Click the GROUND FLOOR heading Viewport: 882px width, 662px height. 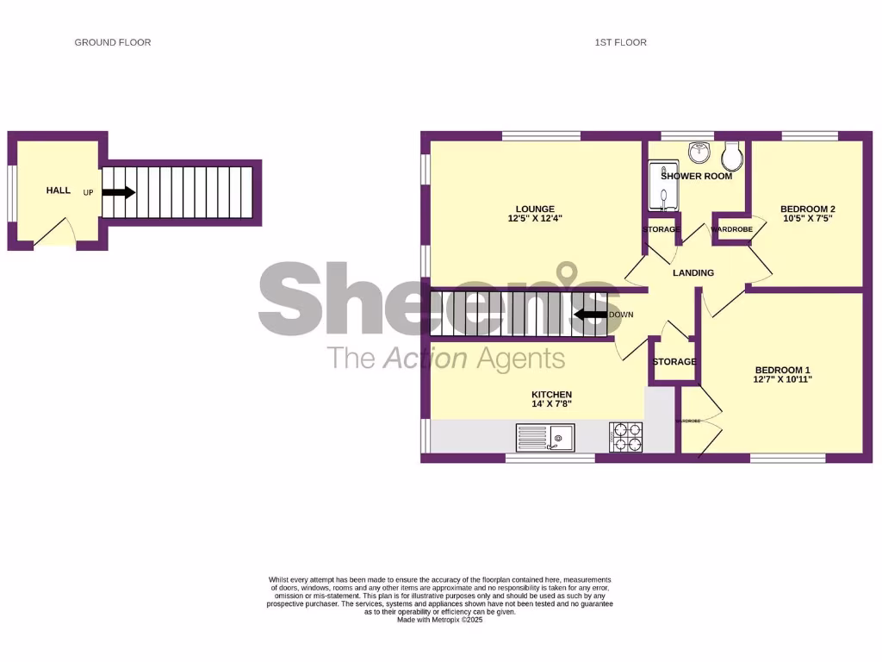113,42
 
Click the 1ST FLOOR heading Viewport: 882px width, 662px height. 620,42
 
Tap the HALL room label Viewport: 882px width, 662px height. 59,190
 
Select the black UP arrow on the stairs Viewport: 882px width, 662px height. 119,192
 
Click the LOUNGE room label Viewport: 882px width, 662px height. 535,209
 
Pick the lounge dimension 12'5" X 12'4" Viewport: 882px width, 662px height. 535,219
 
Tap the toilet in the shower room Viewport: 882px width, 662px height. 733,156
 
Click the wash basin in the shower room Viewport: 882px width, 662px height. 699,153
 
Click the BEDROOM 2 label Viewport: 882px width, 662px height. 807,209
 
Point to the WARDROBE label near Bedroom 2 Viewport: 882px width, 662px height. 731,229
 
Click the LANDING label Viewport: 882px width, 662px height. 693,273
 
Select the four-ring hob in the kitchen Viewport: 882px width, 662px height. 626,437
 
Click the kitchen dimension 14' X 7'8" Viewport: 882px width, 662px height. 551,403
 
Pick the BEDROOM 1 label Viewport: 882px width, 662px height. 782,368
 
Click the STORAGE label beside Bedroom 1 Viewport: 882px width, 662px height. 674,362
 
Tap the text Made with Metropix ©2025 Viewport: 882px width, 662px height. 440,620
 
